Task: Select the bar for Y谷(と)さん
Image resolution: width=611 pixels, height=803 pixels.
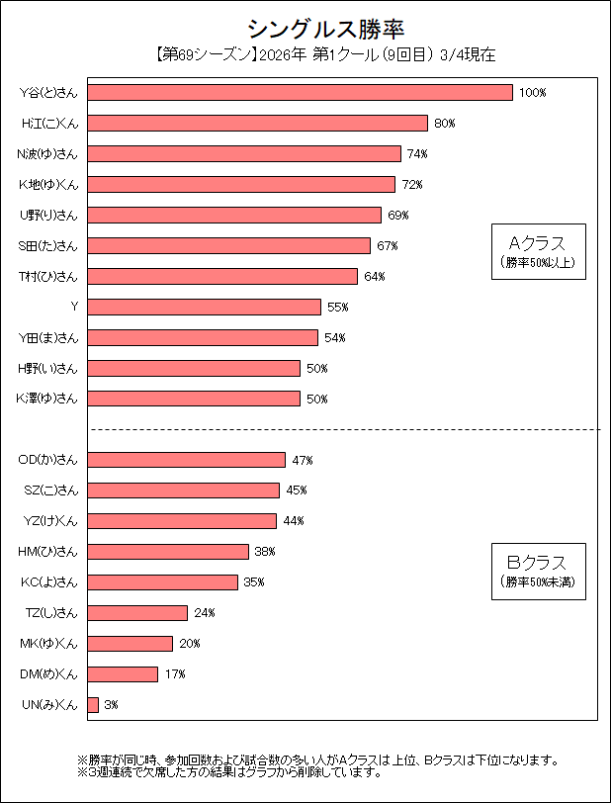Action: click(301, 92)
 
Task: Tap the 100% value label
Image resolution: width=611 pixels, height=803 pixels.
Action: click(533, 92)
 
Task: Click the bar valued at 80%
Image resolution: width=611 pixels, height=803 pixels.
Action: click(258, 123)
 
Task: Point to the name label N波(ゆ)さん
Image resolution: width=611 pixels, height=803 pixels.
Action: click(48, 153)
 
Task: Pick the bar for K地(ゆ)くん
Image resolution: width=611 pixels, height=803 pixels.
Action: click(241, 184)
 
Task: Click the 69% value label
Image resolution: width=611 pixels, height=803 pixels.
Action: click(398, 215)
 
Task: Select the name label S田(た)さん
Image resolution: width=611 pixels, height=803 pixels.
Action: click(48, 245)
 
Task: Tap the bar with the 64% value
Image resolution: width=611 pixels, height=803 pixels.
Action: click(222, 276)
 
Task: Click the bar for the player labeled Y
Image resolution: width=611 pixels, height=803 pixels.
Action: click(205, 307)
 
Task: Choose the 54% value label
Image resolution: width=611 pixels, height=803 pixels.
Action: click(334, 337)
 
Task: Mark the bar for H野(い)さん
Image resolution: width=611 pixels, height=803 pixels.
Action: click(194, 368)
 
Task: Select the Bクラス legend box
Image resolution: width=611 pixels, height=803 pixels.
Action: click(538, 572)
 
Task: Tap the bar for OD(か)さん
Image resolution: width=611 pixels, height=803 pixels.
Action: click(187, 460)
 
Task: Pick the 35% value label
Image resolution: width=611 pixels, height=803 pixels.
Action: click(254, 581)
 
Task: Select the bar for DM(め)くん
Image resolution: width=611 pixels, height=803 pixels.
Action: click(123, 673)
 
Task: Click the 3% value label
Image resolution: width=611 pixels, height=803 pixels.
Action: click(112, 704)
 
